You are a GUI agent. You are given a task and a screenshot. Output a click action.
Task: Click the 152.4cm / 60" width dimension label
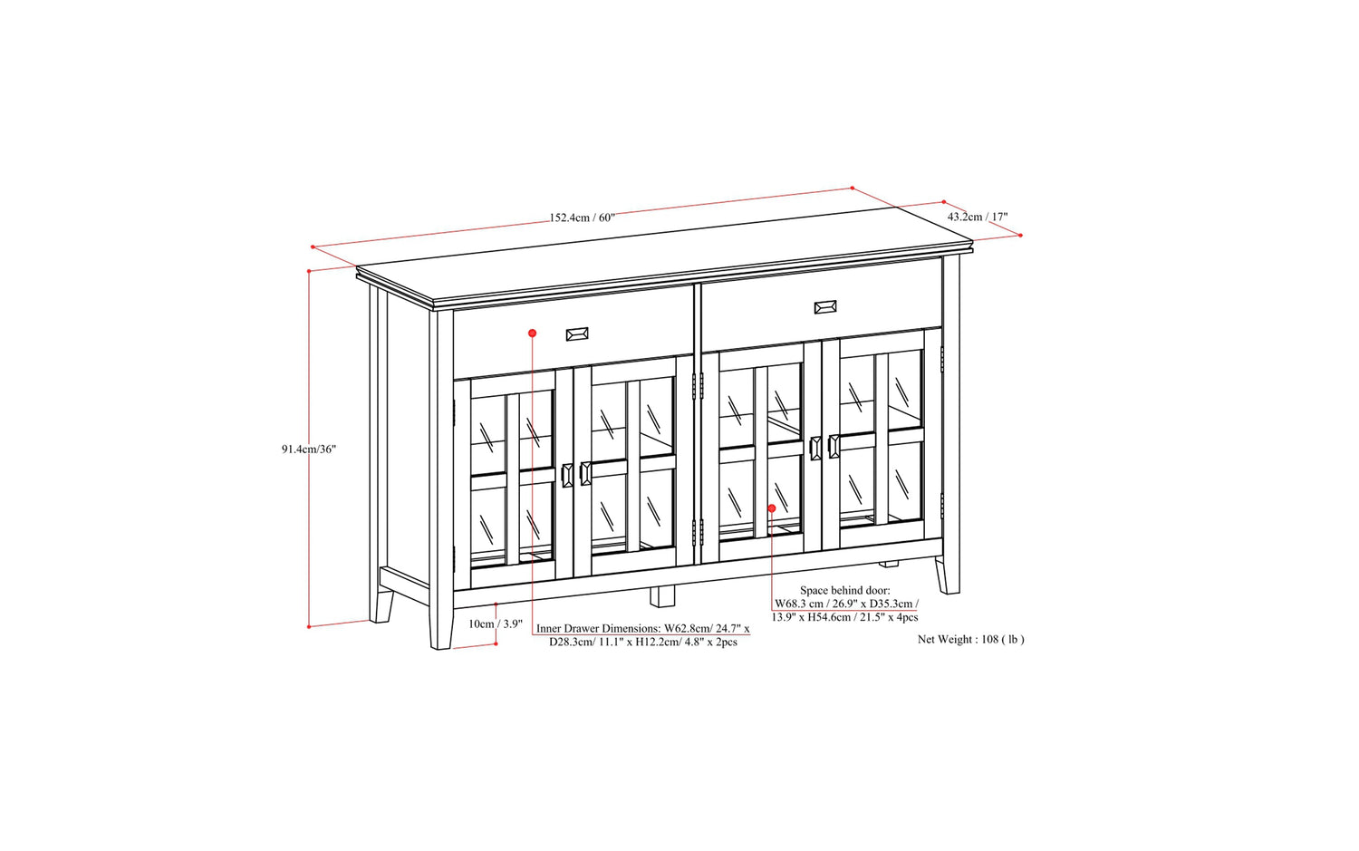click(582, 218)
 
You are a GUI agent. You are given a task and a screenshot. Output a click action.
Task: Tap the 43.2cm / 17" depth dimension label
click(978, 216)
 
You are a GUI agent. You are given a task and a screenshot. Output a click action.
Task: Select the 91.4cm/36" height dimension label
click(308, 450)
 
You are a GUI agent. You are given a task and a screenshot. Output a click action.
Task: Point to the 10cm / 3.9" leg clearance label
click(495, 624)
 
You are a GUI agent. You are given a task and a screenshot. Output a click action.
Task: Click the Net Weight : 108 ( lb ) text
click(970, 639)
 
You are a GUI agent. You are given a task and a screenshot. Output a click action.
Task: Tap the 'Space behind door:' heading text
click(845, 590)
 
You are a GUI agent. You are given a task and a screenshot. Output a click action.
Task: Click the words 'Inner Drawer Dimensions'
click(598, 628)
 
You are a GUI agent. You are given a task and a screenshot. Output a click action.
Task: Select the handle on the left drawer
click(577, 334)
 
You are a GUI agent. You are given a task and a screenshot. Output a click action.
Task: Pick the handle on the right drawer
click(825, 307)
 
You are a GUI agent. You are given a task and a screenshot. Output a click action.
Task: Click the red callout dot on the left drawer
click(532, 333)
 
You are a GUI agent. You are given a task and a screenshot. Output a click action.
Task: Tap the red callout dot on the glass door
click(772, 508)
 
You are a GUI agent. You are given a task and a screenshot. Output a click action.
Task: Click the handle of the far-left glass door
click(567, 475)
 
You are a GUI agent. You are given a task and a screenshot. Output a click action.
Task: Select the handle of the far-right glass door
click(834, 447)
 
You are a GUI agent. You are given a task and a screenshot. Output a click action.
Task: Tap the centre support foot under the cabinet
click(662, 596)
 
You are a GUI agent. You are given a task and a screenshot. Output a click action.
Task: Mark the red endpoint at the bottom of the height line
click(309, 626)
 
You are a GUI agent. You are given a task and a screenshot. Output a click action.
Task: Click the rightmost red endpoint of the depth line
click(1020, 235)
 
